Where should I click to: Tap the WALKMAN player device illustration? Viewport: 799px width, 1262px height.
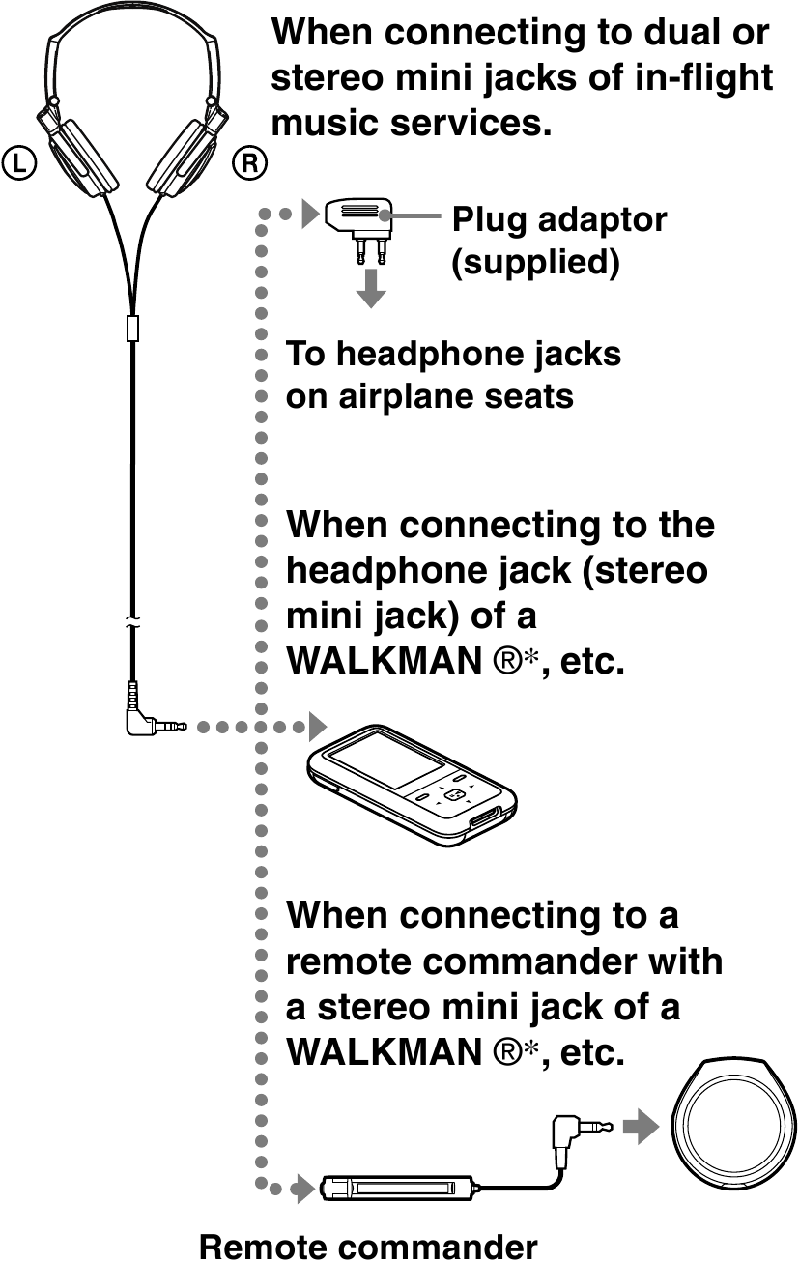(x=410, y=785)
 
